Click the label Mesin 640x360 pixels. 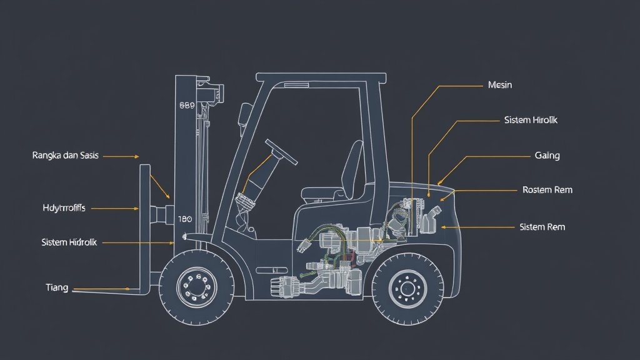point(499,85)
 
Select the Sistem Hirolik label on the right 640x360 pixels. point(530,120)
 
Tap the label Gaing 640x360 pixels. point(547,156)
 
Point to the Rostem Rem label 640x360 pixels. point(547,189)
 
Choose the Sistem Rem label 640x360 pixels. point(542,227)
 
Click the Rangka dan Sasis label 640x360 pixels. point(65,155)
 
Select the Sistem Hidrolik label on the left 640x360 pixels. point(69,242)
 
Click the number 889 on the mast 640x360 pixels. point(187,106)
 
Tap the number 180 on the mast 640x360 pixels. point(184,219)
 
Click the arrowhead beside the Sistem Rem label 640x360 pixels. point(442,227)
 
